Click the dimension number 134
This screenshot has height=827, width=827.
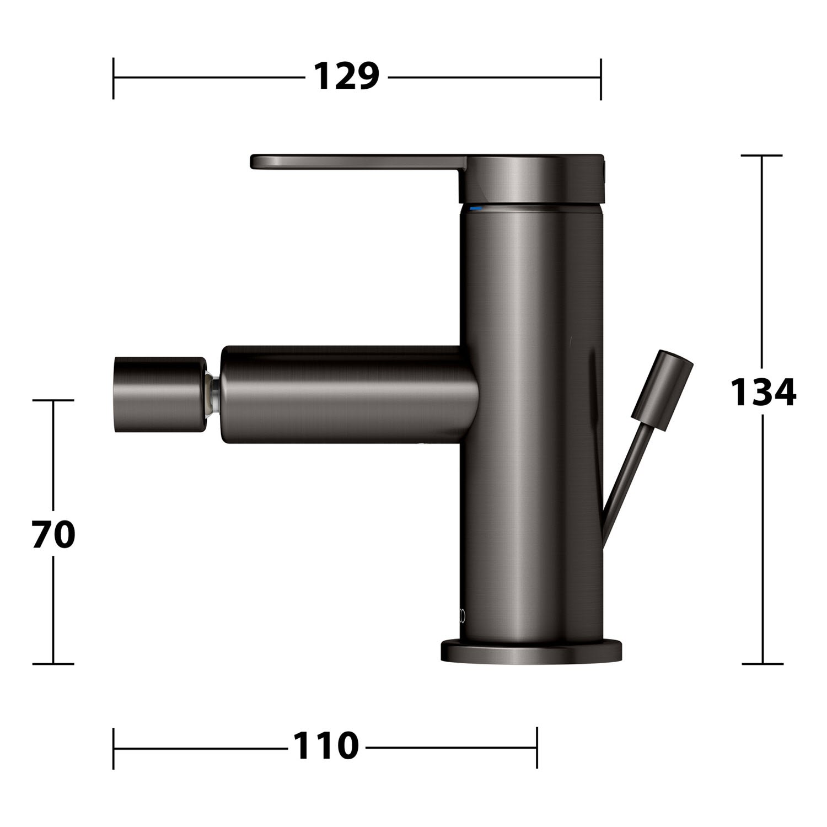(x=763, y=392)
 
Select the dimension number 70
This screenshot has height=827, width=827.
(x=53, y=534)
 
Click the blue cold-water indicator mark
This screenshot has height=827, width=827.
(x=475, y=210)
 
